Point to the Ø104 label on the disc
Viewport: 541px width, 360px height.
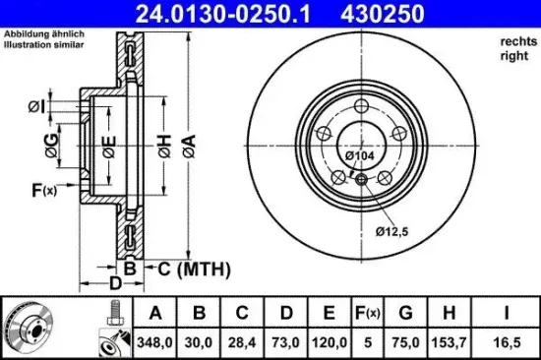click(x=357, y=155)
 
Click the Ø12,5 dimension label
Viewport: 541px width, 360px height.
click(x=391, y=231)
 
